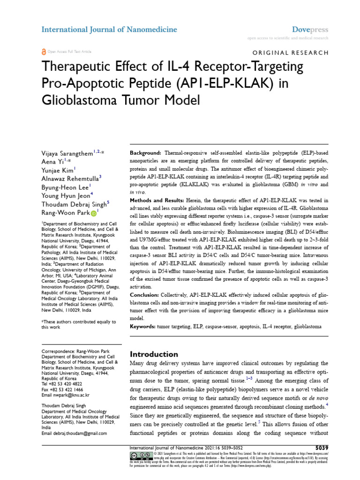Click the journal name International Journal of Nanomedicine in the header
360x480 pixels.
pyautogui.click(x=109, y=30)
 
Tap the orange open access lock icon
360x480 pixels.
pyautogui.click(x=44, y=52)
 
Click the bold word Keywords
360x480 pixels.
pyautogui.click(x=143, y=326)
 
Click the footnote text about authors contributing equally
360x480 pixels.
pyautogui.click(x=79, y=324)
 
